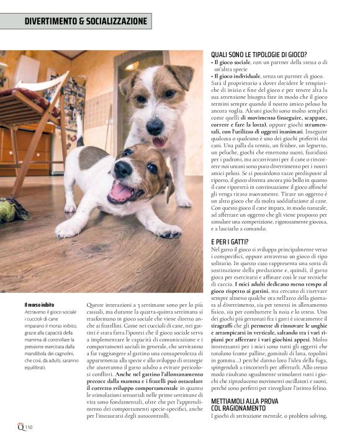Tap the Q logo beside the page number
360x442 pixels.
coord(20,427)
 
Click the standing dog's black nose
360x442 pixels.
coord(154,123)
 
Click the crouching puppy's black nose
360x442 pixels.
coord(123,168)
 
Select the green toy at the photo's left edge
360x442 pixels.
coord(10,209)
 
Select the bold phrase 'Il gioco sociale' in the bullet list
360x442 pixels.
coord(233,63)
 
